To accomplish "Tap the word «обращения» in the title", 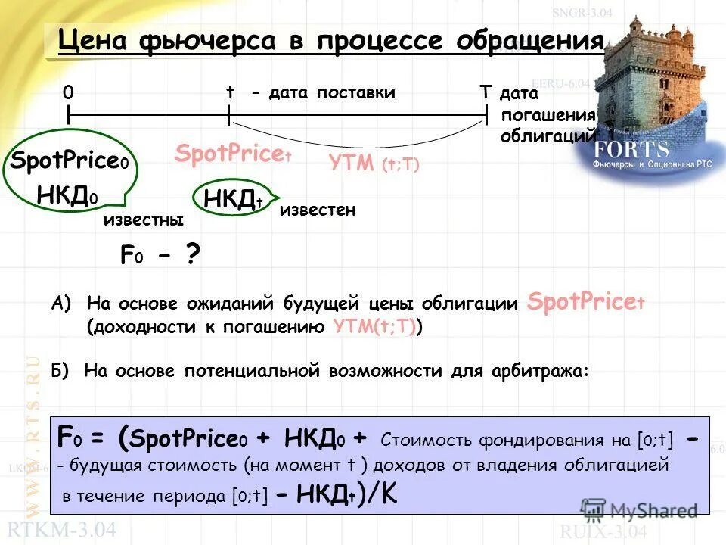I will [x=529, y=41].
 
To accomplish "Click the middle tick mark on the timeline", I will [x=228, y=115].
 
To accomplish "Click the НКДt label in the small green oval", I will [x=233, y=200].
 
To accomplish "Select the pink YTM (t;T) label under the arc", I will [x=374, y=163].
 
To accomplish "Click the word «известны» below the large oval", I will [x=143, y=220].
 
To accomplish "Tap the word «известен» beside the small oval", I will [x=317, y=210].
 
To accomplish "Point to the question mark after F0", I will [x=193, y=255].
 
